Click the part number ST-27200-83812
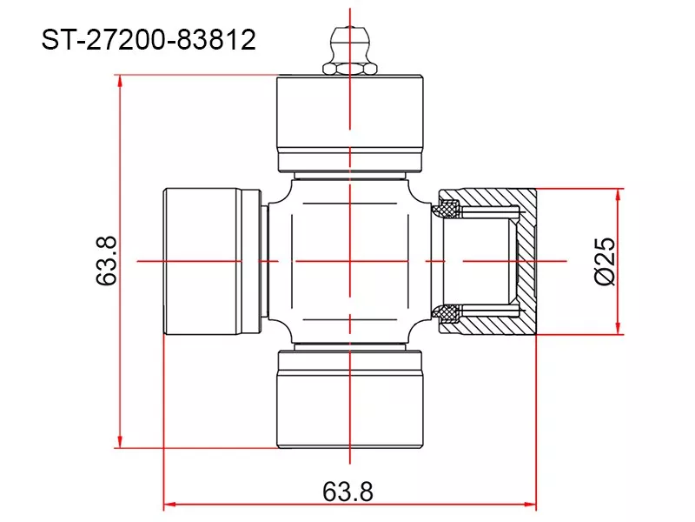tap(149, 39)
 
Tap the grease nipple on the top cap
tap(350, 50)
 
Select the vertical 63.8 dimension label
tap(106, 260)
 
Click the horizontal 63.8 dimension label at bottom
tap(348, 492)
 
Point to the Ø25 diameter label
tap(604, 261)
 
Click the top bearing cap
tap(350, 124)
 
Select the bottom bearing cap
tap(350, 399)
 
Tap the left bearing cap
tap(212, 262)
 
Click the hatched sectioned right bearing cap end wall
tap(526, 262)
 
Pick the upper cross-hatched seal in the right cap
tap(447, 209)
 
